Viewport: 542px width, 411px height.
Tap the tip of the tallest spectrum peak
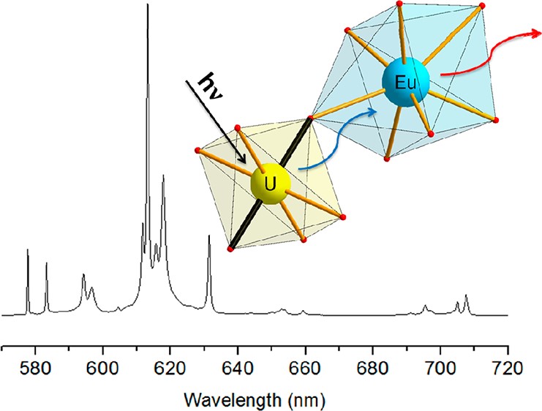click(148, 6)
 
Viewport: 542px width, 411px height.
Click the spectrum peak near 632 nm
click(209, 237)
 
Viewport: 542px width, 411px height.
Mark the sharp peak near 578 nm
click(28, 251)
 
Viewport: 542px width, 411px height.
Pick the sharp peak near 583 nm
click(46, 263)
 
